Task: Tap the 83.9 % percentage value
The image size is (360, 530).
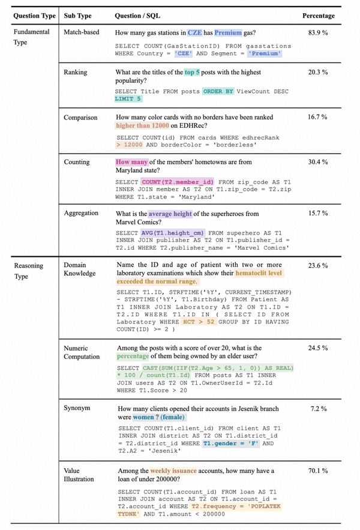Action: (x=318, y=33)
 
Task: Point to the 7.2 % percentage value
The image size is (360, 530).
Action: (x=318, y=409)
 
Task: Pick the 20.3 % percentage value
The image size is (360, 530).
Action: (x=318, y=73)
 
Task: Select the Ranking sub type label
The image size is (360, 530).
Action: (x=75, y=73)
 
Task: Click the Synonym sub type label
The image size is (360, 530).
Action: (x=77, y=409)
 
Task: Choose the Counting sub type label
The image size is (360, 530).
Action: (x=77, y=162)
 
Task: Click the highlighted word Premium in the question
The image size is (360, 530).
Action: (x=229, y=33)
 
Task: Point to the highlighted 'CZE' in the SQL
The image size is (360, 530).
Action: (x=184, y=53)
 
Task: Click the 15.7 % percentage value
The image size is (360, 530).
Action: (x=318, y=214)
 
